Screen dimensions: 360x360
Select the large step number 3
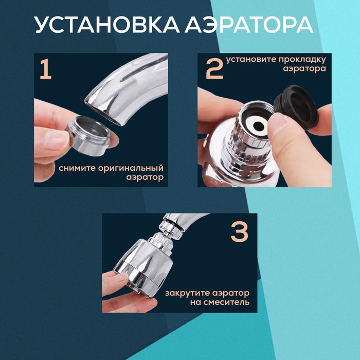[239, 233]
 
